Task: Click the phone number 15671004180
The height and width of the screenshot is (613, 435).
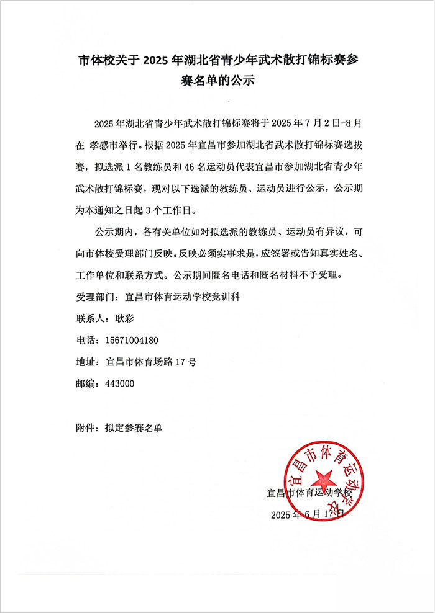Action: pyautogui.click(x=133, y=340)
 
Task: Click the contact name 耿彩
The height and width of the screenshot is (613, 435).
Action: pyautogui.click(x=116, y=318)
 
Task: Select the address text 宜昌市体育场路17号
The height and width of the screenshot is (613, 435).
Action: pyautogui.click(x=152, y=362)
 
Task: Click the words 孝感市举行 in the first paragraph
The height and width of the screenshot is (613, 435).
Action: pyautogui.click(x=116, y=146)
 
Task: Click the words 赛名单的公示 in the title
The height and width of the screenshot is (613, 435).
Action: pyautogui.click(x=217, y=81)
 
